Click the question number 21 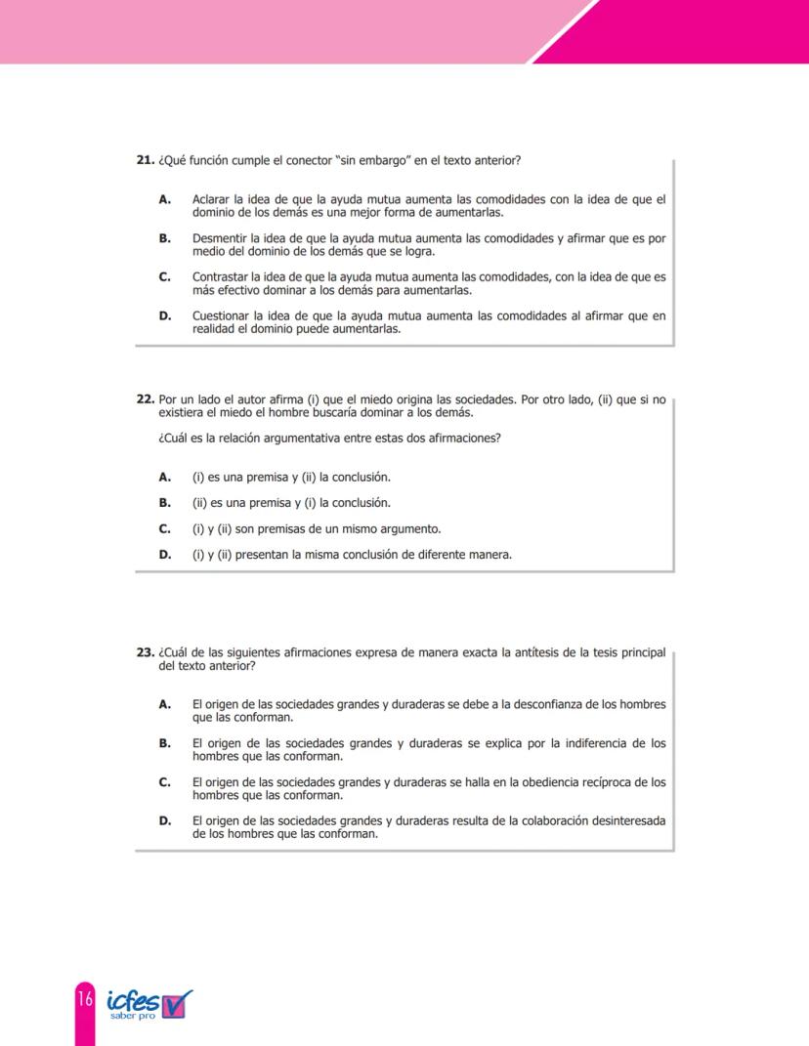[x=145, y=160]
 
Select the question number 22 [x=145, y=399]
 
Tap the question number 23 [x=145, y=652]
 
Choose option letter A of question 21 [x=165, y=199]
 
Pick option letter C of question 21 [x=165, y=277]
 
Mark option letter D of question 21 [x=165, y=316]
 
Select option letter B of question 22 [x=165, y=503]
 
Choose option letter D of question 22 [x=165, y=555]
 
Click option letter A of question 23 [x=165, y=704]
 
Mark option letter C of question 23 [x=165, y=782]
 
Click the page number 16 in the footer [x=85, y=1000]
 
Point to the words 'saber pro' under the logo [x=132, y=1015]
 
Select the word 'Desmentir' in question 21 [x=218, y=238]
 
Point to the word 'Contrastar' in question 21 [x=219, y=277]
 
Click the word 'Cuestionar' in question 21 [x=220, y=316]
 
